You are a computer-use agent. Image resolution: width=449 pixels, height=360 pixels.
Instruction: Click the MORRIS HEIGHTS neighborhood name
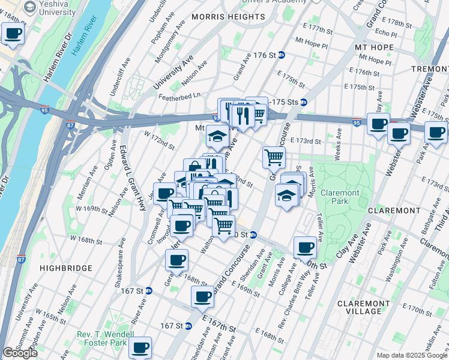pyautogui.click(x=228, y=17)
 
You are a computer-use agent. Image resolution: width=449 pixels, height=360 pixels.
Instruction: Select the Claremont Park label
pyautogui.click(x=339, y=197)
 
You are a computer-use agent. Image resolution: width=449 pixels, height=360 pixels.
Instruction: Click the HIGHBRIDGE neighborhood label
pyautogui.click(x=66, y=268)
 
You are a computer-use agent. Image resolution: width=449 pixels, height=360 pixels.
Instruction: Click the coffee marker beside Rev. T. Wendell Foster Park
pyautogui.click(x=140, y=347)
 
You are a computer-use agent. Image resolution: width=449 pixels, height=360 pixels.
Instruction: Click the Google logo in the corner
pyautogui.click(x=20, y=353)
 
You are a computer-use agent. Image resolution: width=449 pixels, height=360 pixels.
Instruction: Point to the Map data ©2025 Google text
pyautogui.click(x=411, y=355)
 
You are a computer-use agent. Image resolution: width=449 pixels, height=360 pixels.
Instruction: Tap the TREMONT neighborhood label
pyautogui.click(x=431, y=70)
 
